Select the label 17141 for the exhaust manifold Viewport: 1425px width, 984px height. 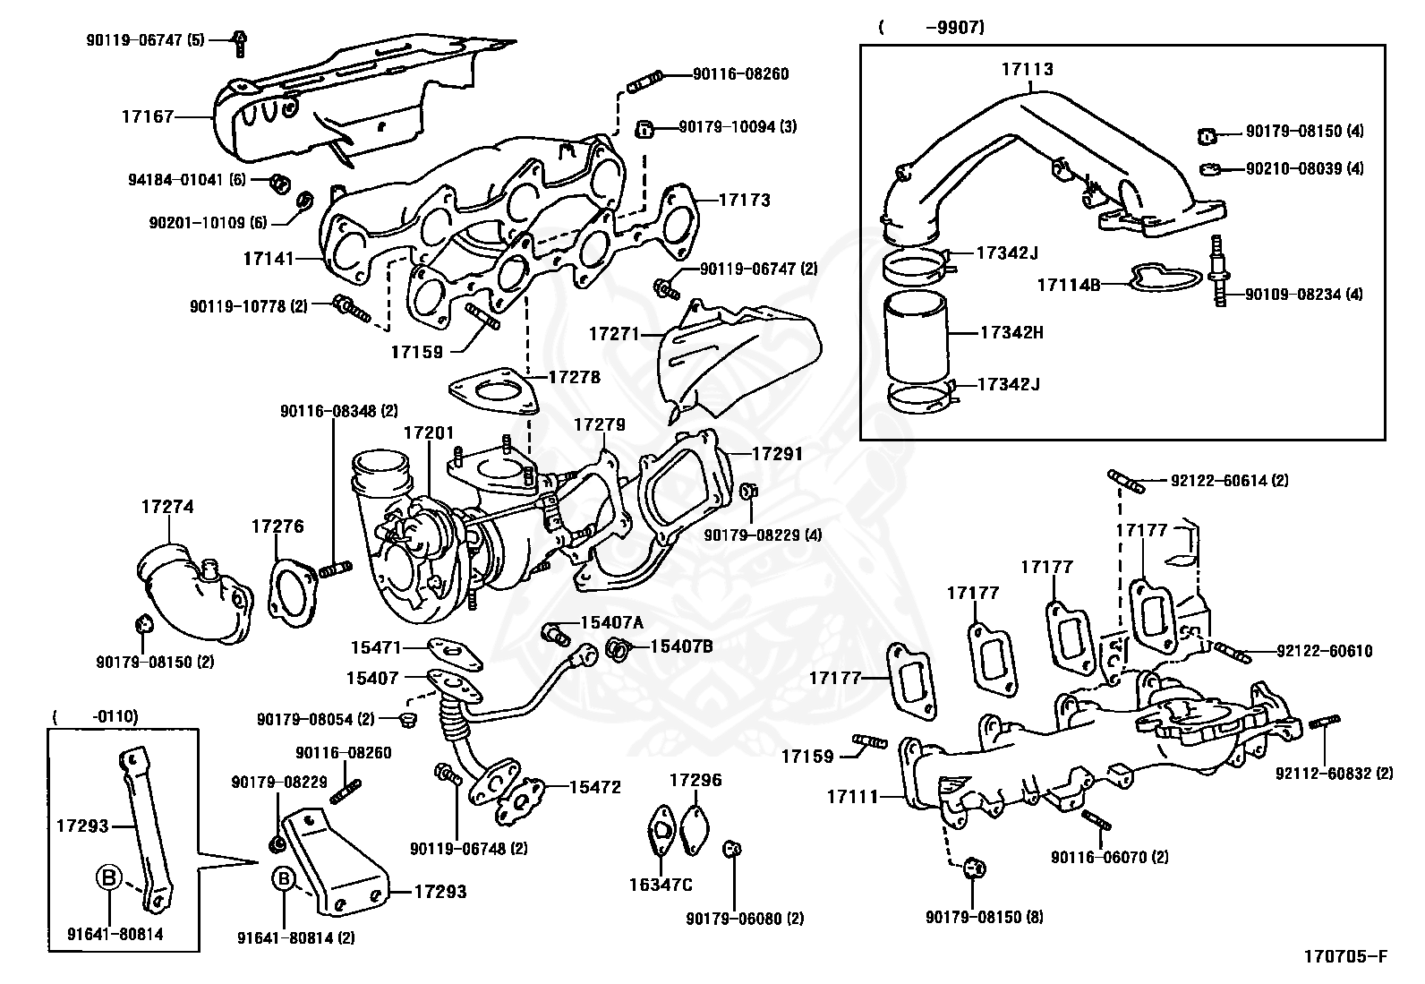click(268, 259)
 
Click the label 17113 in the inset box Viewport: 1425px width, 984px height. click(1027, 69)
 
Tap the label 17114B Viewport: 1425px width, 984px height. click(1068, 286)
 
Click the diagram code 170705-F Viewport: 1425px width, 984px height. click(1339, 957)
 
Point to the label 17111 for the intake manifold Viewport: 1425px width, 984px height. click(852, 796)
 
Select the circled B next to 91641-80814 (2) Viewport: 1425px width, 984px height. click(283, 879)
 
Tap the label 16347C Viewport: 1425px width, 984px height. click(661, 886)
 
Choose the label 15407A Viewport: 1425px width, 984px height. click(611, 622)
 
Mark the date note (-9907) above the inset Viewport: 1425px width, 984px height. click(931, 28)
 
